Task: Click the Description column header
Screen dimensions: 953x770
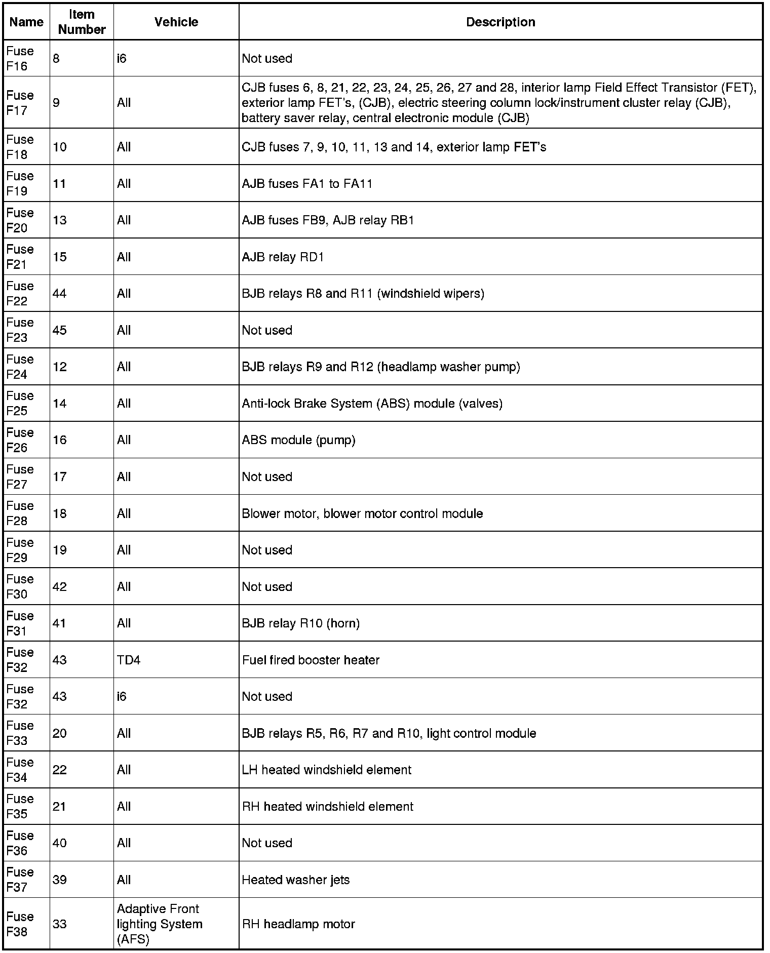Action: coord(500,22)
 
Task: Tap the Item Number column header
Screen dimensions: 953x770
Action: coord(82,22)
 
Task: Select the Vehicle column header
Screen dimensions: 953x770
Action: coord(176,22)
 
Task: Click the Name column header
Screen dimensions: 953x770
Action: coord(26,22)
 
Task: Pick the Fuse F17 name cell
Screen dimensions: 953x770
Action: coord(20,103)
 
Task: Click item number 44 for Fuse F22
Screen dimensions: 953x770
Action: coord(60,294)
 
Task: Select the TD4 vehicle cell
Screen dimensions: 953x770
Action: coord(129,660)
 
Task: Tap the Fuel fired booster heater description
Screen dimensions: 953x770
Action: coord(311,660)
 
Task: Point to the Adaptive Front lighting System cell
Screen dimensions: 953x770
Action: coord(159,924)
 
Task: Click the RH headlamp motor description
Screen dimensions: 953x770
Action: coord(298,924)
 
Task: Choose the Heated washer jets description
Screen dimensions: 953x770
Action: coord(295,880)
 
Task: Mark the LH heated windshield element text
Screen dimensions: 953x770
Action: coord(326,770)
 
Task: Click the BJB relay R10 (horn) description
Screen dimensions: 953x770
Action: coord(300,623)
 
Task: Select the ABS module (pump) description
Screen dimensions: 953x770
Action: coord(298,440)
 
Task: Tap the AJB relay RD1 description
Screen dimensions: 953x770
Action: coord(283,257)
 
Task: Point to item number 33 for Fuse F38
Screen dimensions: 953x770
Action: coord(60,924)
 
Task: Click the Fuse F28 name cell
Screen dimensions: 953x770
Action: coord(20,513)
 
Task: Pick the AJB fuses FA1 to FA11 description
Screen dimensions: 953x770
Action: coord(307,184)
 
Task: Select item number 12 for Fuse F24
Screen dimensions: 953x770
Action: coord(60,367)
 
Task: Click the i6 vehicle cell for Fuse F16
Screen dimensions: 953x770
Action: coord(122,59)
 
